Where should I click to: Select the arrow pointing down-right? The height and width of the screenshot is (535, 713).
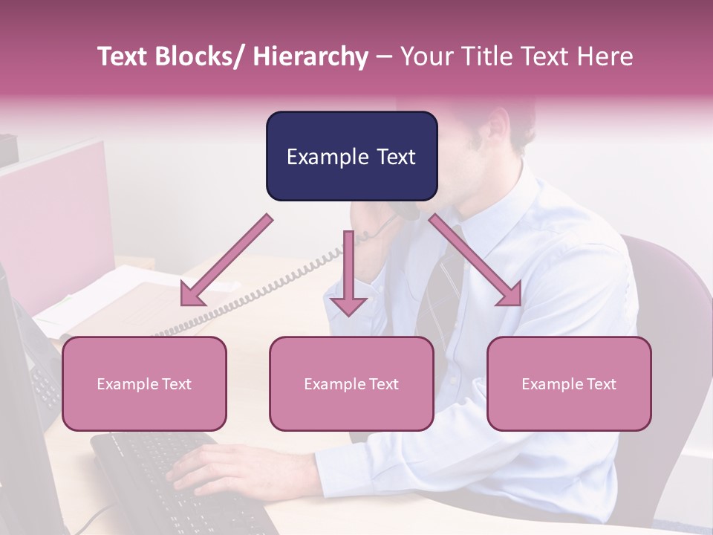pos(476,261)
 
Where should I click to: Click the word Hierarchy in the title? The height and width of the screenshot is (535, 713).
pos(310,56)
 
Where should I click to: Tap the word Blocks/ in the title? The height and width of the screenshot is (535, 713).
pos(201,56)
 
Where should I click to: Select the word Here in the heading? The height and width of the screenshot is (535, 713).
pos(605,56)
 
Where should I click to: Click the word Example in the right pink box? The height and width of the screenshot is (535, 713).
pos(550,384)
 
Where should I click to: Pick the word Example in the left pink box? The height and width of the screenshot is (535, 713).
pos(126,384)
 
